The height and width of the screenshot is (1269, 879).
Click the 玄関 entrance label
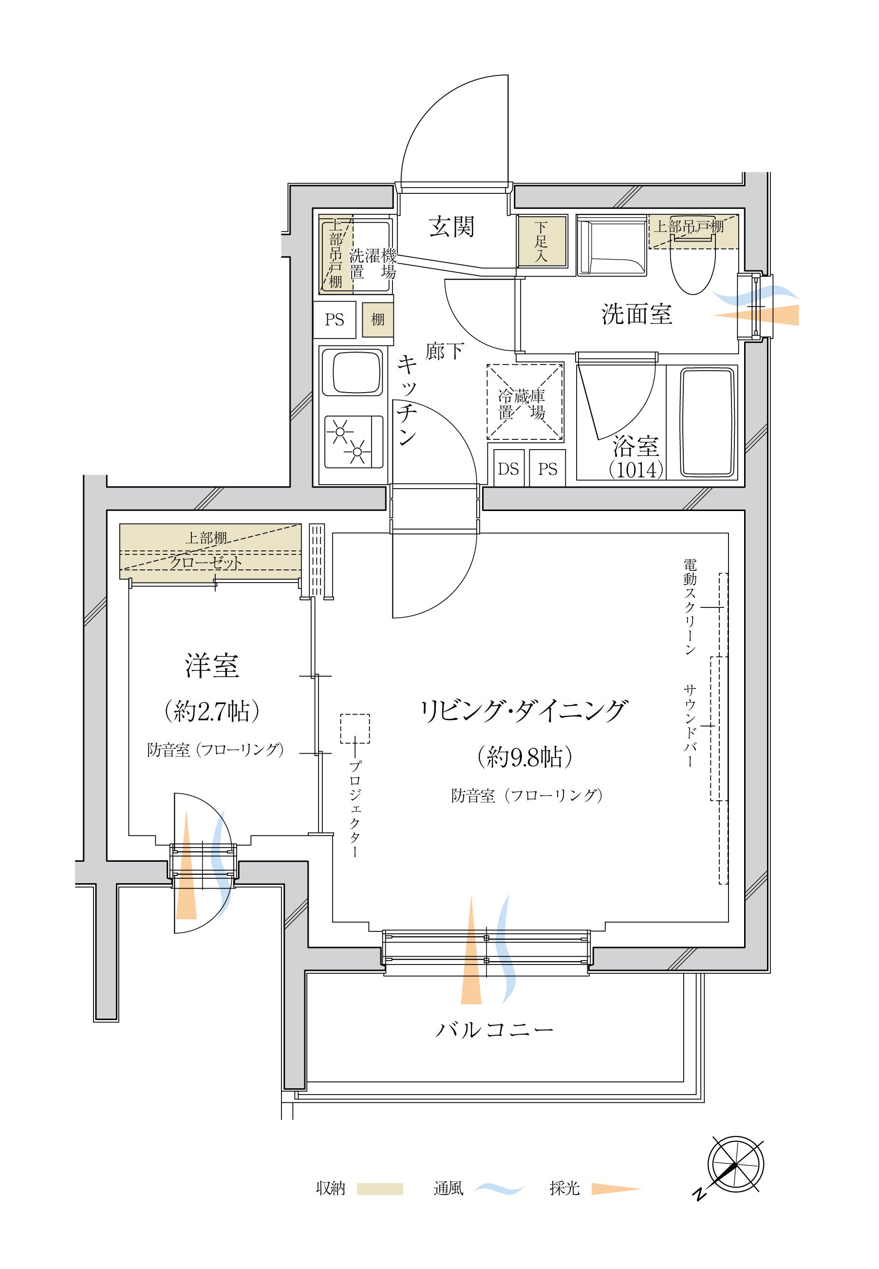451,227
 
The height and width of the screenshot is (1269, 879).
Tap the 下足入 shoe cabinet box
542,241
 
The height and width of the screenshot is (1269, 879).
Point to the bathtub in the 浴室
708,422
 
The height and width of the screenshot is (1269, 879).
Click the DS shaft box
508,469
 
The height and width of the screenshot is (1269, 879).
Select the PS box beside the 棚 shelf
334,320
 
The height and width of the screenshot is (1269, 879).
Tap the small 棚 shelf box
378,320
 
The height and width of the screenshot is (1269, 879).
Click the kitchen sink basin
353,372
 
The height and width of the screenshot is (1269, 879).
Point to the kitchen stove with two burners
354,442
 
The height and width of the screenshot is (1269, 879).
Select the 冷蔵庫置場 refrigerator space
525,401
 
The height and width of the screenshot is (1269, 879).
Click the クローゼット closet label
206,562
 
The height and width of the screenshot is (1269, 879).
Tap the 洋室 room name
212,666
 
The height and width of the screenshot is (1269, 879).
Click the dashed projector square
355,729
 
